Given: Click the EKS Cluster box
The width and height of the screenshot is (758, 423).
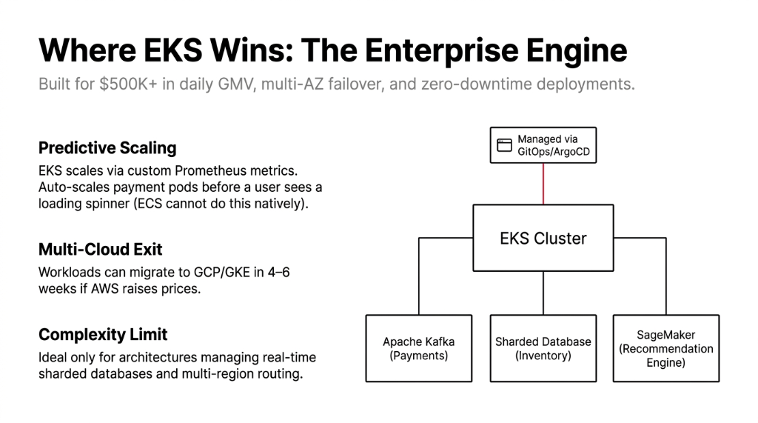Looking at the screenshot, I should point(543,239).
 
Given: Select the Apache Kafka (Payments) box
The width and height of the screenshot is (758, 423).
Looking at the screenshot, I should point(418,348).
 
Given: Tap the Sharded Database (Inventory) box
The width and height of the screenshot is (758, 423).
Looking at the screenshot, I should point(543,348).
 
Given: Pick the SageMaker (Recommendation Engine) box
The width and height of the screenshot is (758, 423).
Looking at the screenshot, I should point(665,348).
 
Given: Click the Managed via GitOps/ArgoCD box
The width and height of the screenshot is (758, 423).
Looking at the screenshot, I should point(543,145).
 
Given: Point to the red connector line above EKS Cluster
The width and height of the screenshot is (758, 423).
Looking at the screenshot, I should point(543,184).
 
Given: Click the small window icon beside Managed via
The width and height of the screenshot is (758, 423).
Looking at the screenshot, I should point(504,145).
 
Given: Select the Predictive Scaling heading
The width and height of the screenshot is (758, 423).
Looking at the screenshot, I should point(107,147).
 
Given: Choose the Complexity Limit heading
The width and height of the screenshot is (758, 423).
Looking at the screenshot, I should point(103,335).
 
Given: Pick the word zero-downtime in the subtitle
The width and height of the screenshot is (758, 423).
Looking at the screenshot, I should point(468,84).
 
